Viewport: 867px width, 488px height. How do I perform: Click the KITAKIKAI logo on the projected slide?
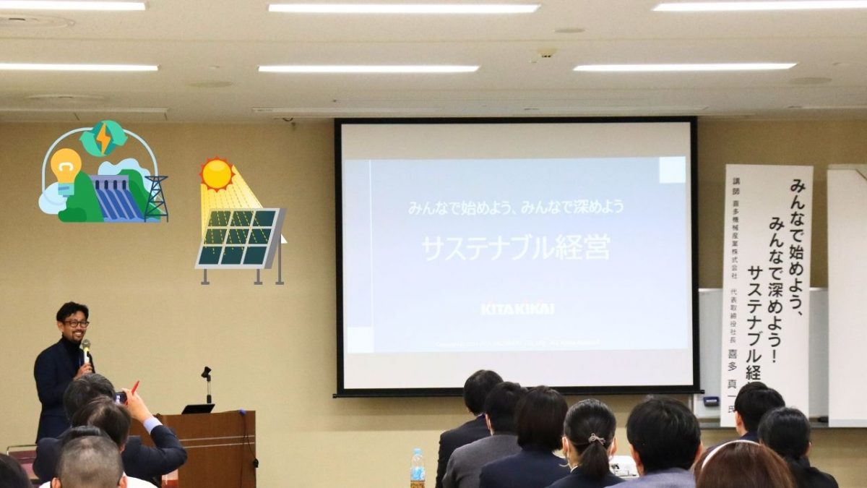[517, 309]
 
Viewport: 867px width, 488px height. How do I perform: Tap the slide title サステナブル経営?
[516, 247]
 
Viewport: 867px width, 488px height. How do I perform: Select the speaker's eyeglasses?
[75, 323]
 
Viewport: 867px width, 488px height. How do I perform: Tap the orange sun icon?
[217, 174]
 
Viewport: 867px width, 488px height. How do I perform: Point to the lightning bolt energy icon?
[104, 137]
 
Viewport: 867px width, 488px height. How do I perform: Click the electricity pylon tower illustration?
[155, 197]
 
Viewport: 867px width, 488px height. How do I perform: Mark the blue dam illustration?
[116, 199]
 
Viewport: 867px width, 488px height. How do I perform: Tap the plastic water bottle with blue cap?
[418, 467]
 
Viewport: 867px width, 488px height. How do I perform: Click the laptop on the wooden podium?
[198, 408]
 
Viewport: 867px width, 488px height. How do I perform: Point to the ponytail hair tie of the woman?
[596, 438]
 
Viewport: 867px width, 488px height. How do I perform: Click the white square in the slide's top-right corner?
[673, 171]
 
